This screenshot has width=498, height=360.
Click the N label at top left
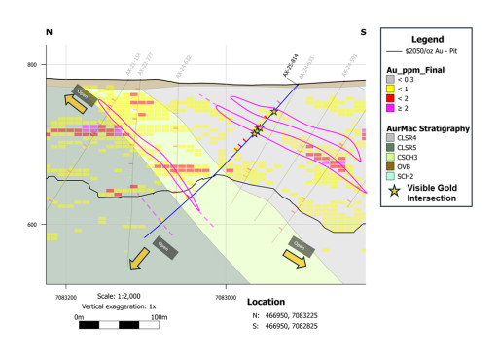click(49, 32)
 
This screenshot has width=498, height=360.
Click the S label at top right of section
click(363, 32)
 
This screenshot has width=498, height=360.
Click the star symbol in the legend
click(394, 192)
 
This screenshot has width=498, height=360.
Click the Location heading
click(266, 302)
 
